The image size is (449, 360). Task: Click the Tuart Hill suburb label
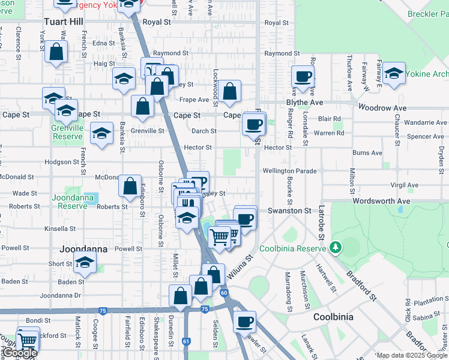point(63,22)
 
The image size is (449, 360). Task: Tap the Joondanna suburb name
point(83,248)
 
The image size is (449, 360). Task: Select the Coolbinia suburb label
point(333,316)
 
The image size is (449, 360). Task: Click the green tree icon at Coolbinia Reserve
point(336,247)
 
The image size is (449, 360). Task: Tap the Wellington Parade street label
point(289,171)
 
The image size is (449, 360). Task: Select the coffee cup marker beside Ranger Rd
point(303,76)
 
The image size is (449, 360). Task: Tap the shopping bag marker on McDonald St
point(130,186)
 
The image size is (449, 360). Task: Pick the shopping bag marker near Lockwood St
point(230,92)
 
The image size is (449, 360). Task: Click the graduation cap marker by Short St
point(85,262)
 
